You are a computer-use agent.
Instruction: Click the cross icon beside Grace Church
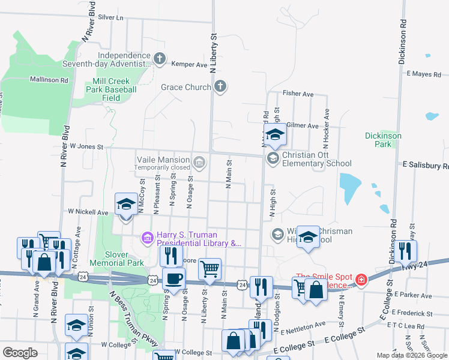[220, 87]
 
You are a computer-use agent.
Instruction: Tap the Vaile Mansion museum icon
[199, 160]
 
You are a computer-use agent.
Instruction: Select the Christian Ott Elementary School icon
[273, 158]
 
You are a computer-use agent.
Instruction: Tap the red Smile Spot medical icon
[361, 279]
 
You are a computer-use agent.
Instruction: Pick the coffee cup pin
[173, 279]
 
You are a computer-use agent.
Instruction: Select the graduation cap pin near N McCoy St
[126, 204]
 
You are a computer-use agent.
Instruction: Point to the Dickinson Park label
[383, 140]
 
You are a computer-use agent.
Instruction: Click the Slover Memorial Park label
[116, 258]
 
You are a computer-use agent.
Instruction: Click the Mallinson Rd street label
[49, 79]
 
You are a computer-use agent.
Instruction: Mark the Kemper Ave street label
[189, 64]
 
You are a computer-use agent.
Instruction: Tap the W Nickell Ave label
[88, 212]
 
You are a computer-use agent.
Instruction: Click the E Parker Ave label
[413, 296]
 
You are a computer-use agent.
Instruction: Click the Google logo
[20, 353]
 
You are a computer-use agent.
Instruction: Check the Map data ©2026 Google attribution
[411, 355]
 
